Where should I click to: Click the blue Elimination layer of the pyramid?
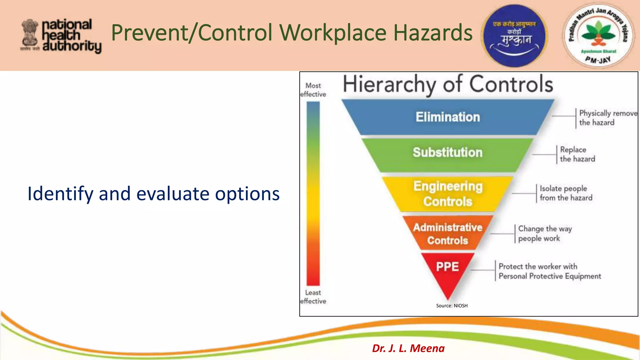point(447,117)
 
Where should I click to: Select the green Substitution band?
point(447,153)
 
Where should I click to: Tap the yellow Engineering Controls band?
point(447,194)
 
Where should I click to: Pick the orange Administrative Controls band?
point(447,233)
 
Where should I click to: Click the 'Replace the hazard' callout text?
point(577,154)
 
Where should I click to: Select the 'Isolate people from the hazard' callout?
point(566,193)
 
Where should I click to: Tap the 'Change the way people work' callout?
point(544,233)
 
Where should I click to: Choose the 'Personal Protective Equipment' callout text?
point(549,276)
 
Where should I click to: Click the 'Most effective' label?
point(313,90)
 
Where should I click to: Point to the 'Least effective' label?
point(313,297)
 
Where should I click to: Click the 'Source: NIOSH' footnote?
point(452,306)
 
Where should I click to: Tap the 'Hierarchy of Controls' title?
point(447,84)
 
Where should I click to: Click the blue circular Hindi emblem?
point(514,36)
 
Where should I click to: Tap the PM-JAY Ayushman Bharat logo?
point(598,36)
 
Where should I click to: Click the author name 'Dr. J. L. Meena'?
point(408,348)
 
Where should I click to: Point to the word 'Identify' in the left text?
point(60,194)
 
